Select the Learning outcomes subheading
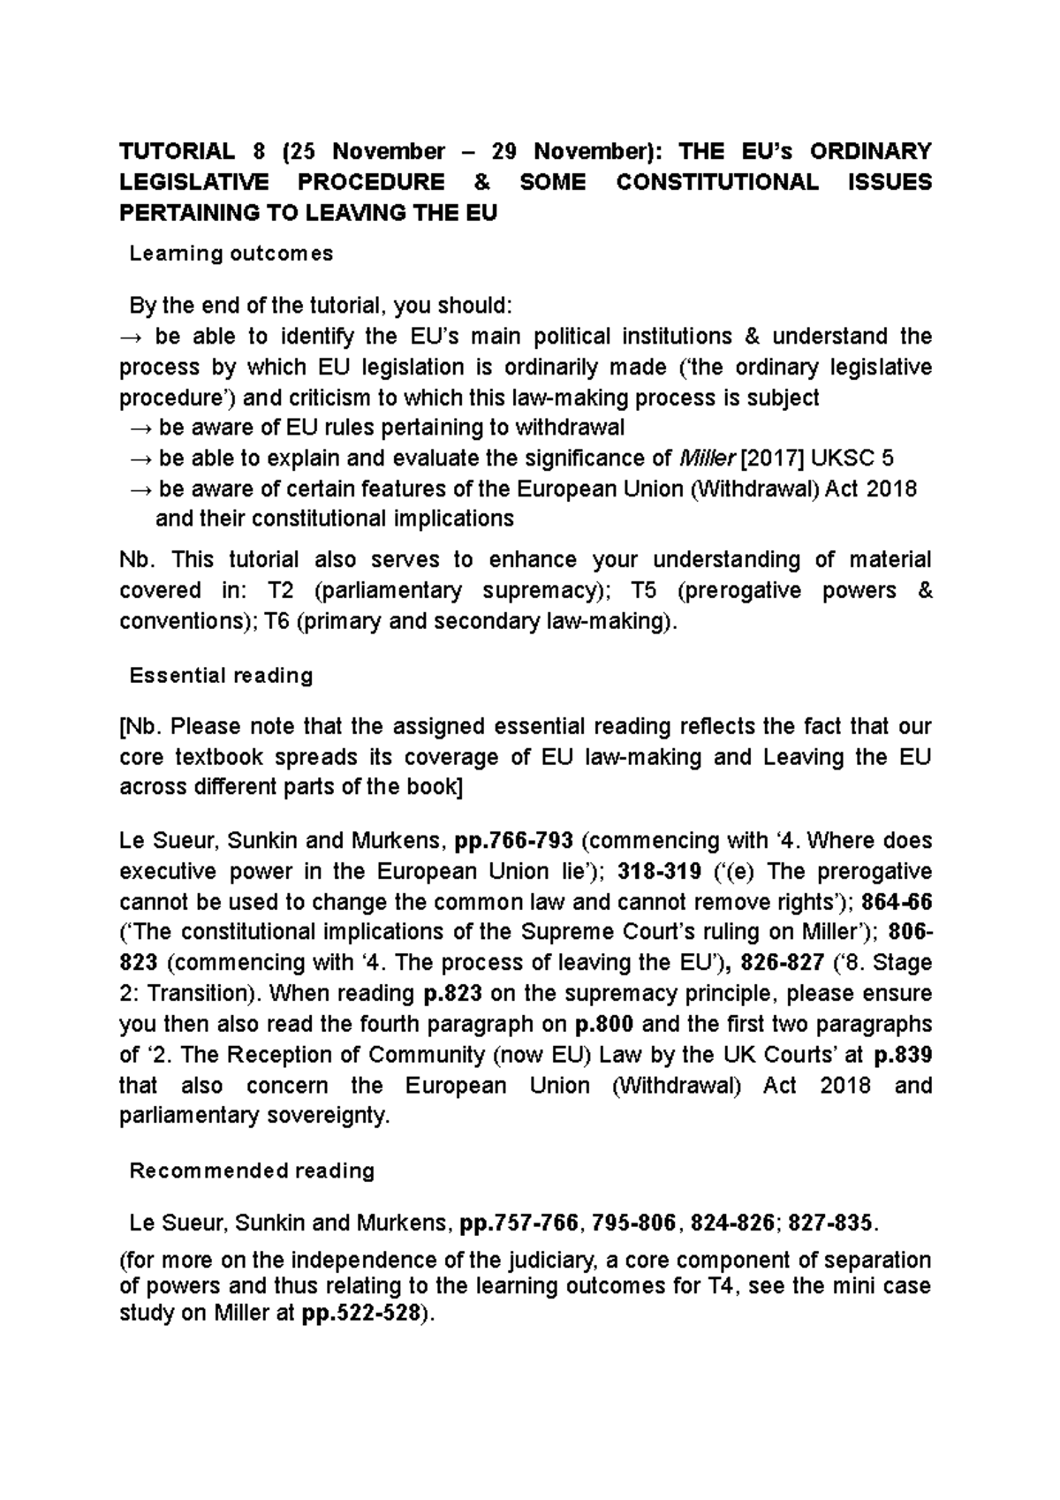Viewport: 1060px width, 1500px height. (x=231, y=254)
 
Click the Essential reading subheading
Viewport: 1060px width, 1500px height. (x=221, y=676)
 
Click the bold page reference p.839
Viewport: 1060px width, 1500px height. (x=902, y=1055)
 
